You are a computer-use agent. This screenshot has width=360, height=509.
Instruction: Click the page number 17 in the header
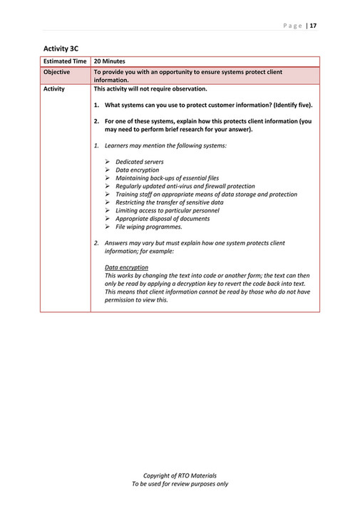pyautogui.click(x=313, y=26)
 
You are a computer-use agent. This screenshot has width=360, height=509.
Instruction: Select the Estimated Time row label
pyautogui.click(x=66, y=62)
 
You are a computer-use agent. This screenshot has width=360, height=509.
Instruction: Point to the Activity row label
pyautogui.click(x=54, y=89)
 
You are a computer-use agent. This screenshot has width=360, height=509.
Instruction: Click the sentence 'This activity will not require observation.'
pyautogui.click(x=150, y=89)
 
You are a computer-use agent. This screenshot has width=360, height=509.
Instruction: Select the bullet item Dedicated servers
pyautogui.click(x=139, y=163)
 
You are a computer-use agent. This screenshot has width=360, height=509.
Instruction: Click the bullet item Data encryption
pyautogui.click(x=137, y=170)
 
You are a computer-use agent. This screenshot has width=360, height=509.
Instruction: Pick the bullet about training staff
pyautogui.click(x=206, y=194)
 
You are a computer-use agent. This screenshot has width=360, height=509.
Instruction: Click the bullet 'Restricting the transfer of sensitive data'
pyautogui.click(x=169, y=202)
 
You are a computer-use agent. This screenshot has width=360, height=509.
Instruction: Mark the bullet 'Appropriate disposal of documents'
pyautogui.click(x=160, y=218)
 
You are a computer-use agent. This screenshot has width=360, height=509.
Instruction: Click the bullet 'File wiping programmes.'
pyautogui.click(x=148, y=227)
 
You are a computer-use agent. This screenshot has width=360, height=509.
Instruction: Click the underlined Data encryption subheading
pyautogui.click(x=126, y=267)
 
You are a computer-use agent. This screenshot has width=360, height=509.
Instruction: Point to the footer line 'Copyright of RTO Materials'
pyautogui.click(x=180, y=475)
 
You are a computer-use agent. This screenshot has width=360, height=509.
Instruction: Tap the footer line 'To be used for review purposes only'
pyautogui.click(x=180, y=484)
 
